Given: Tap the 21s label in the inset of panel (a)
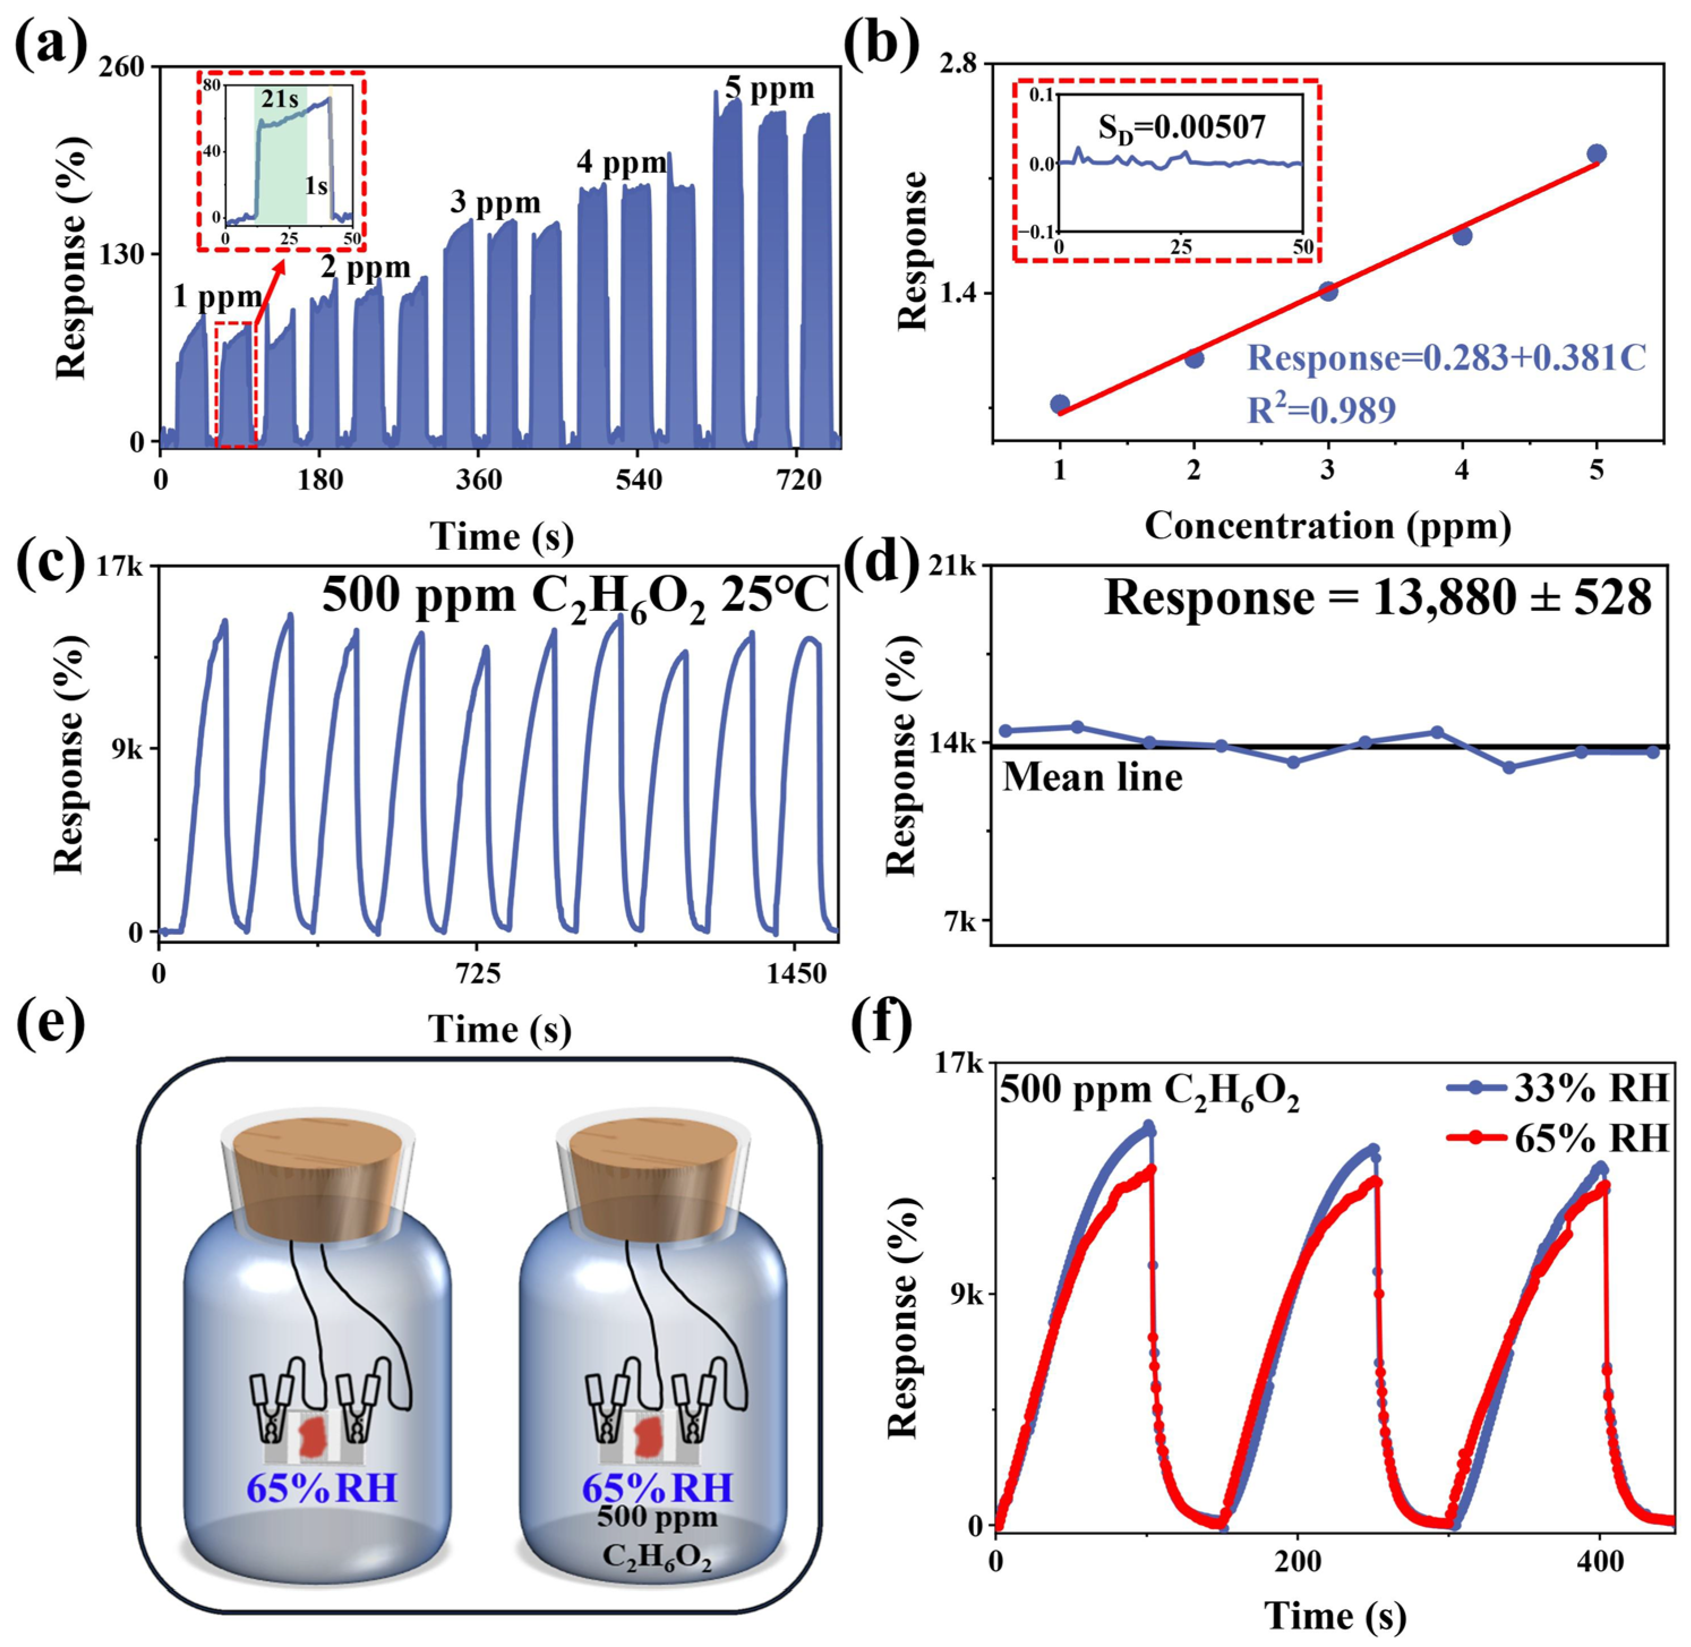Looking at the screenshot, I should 280,100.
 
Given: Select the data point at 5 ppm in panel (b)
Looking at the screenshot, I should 1596,155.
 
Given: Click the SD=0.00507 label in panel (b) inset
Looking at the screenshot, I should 1181,128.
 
